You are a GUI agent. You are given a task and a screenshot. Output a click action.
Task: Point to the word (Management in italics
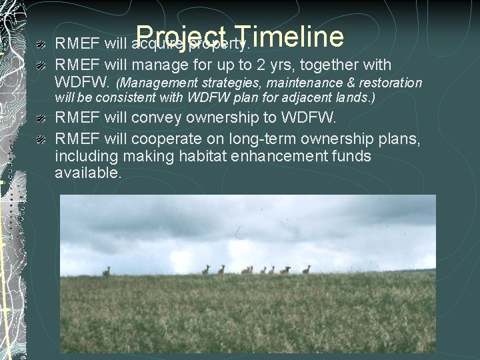154,83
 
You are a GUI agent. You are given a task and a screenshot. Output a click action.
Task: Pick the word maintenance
292,83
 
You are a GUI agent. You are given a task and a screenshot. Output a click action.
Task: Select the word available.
88,173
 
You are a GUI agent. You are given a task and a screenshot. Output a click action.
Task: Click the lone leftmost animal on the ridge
106,271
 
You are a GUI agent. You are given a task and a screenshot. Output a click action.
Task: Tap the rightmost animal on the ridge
306,269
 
